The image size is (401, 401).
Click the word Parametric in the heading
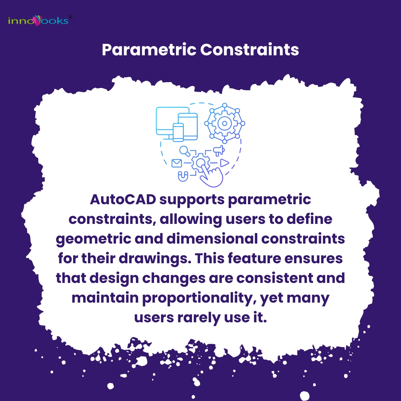149,50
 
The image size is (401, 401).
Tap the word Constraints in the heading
250,50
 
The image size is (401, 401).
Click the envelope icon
176,163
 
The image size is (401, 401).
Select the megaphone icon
219,150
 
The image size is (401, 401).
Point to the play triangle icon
224,163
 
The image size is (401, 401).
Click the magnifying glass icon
185,151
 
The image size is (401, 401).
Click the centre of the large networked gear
224,123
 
